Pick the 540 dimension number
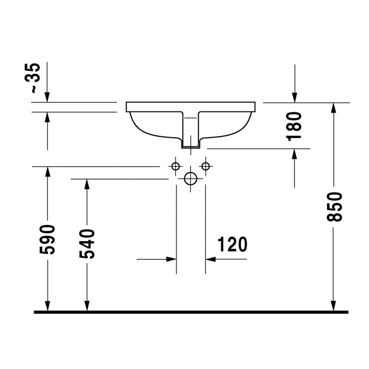point(87,244)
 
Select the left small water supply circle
point(176,166)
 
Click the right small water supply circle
point(205,166)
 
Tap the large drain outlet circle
point(191,178)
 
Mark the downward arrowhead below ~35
point(47,97)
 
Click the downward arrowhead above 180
point(295,98)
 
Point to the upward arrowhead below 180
point(295,154)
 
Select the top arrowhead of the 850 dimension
point(333,108)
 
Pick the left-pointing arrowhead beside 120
point(211,259)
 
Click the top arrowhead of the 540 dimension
point(87,184)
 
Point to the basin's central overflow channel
point(191,130)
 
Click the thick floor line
point(191,312)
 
